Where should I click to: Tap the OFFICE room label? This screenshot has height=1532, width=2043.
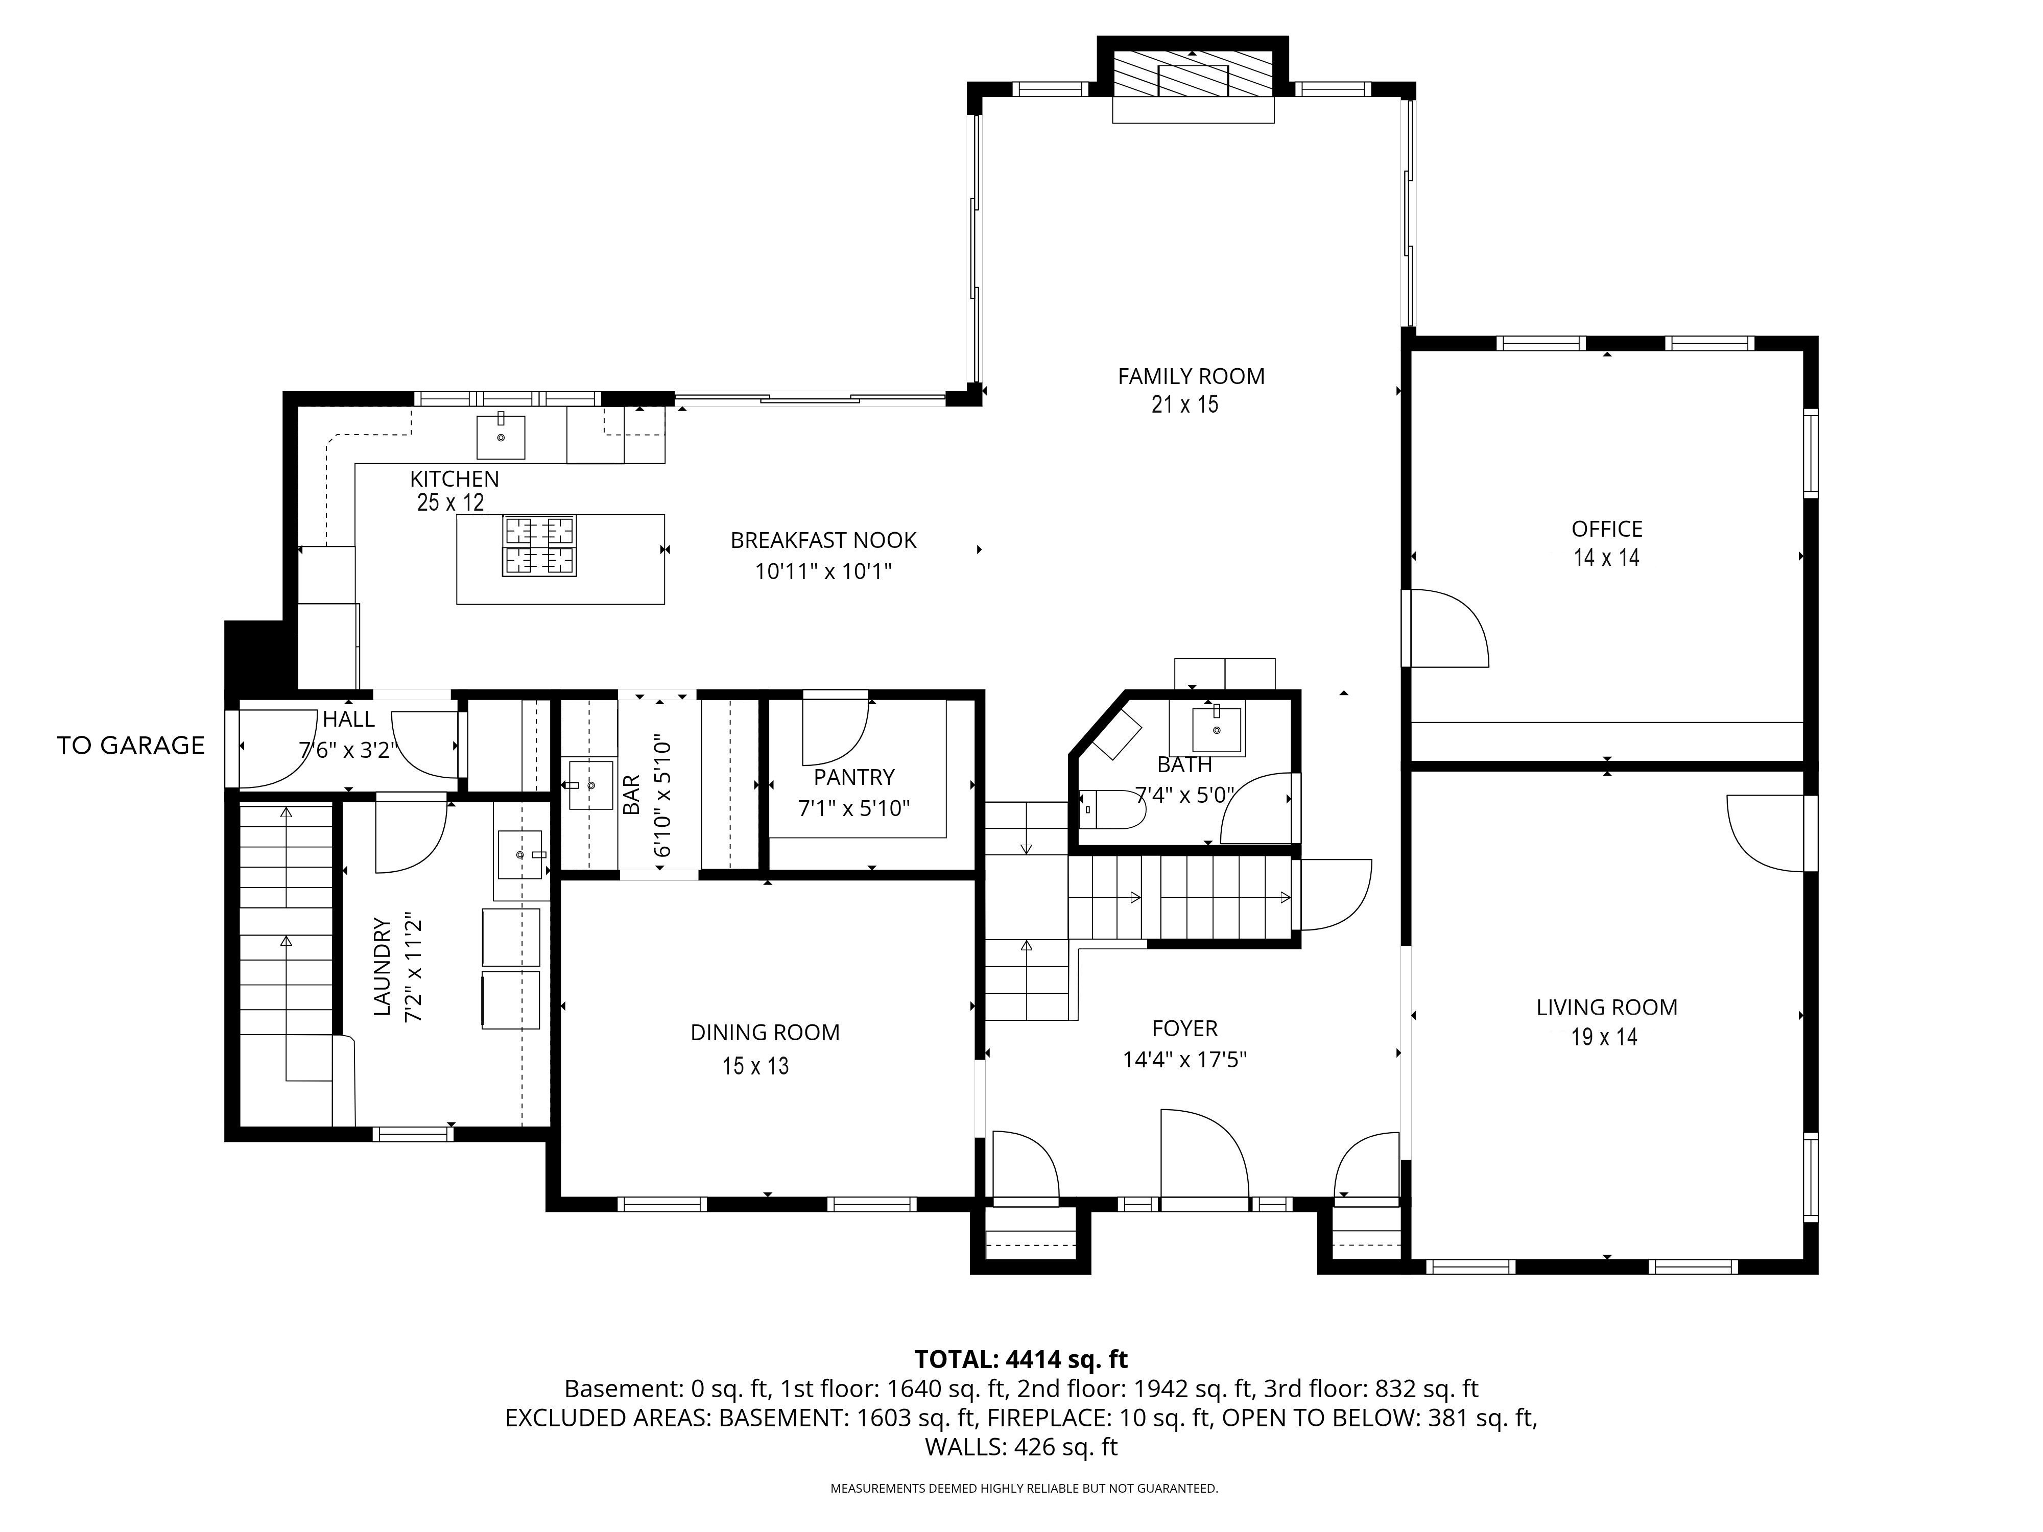[x=1607, y=529]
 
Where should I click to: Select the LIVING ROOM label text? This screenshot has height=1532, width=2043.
[x=1607, y=1008]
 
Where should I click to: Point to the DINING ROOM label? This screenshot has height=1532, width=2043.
[x=765, y=1033]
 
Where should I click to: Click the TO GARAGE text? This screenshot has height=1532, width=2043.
[x=131, y=745]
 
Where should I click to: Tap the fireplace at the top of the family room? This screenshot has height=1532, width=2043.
[x=1193, y=75]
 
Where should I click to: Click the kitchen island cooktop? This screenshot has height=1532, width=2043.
[x=539, y=546]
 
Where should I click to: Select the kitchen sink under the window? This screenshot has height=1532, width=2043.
[x=501, y=437]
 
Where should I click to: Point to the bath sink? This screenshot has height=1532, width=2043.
[x=1217, y=730]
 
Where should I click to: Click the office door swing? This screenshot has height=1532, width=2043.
[x=1446, y=628]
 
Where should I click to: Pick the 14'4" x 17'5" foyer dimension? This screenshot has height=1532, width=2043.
[x=1185, y=1059]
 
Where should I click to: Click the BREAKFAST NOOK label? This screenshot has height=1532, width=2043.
[x=824, y=540]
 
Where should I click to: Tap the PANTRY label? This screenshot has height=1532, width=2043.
[x=854, y=778]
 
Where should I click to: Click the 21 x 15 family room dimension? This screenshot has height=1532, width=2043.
[x=1185, y=404]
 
